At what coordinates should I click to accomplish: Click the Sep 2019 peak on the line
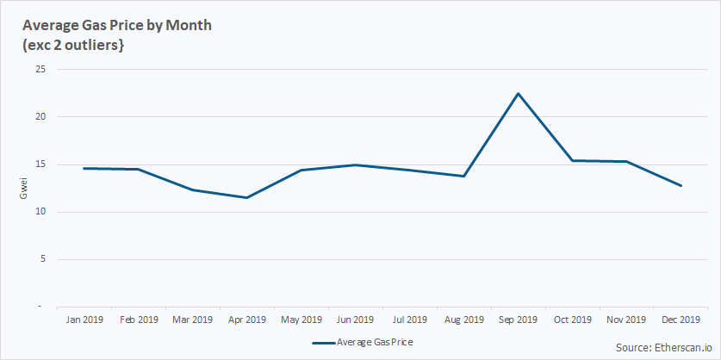pyautogui.click(x=519, y=93)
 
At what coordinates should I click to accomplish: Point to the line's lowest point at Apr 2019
pyautogui.click(x=247, y=198)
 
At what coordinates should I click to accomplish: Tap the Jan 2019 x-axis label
pyautogui.click(x=84, y=320)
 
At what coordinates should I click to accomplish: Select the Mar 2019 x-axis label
pyautogui.click(x=193, y=320)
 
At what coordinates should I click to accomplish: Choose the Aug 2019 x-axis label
pyautogui.click(x=464, y=320)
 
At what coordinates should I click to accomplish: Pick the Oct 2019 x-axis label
pyautogui.click(x=573, y=320)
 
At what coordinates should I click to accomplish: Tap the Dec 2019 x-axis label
pyautogui.click(x=681, y=320)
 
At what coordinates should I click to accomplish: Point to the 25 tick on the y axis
pyautogui.click(x=40, y=69)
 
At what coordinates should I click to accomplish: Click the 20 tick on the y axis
pyautogui.click(x=40, y=117)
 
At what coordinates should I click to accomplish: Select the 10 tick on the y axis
pyautogui.click(x=40, y=212)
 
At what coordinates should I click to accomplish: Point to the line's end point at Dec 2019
pyautogui.click(x=681, y=185)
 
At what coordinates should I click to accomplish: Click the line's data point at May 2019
pyautogui.click(x=301, y=170)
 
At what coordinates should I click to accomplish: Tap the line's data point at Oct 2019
pyautogui.click(x=573, y=160)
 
